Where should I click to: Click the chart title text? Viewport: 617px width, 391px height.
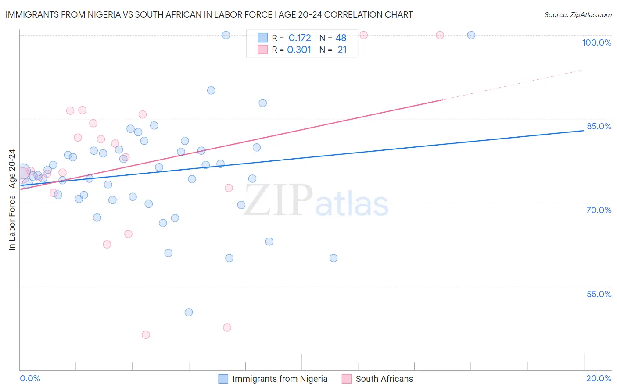pyautogui.click(x=209, y=14)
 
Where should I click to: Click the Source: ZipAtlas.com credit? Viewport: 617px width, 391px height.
pyautogui.click(x=578, y=14)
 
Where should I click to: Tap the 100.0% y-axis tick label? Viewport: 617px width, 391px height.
pyautogui.click(x=596, y=43)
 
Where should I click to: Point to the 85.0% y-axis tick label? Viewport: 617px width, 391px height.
pyautogui.click(x=599, y=126)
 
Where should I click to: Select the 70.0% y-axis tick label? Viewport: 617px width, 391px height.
pyautogui.click(x=599, y=210)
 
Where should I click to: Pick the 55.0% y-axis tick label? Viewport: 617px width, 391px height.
pyautogui.click(x=599, y=294)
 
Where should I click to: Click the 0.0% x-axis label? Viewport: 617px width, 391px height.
pyautogui.click(x=30, y=378)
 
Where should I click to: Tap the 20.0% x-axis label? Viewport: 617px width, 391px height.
pyautogui.click(x=599, y=378)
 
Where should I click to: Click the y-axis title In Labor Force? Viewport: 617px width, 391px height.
pyautogui.click(x=12, y=200)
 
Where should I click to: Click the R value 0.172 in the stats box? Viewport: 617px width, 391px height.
pyautogui.click(x=300, y=38)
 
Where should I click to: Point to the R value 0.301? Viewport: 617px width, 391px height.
pyautogui.click(x=299, y=50)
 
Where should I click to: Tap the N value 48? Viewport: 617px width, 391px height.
pyautogui.click(x=341, y=38)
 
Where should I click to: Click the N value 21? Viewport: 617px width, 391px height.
pyautogui.click(x=342, y=50)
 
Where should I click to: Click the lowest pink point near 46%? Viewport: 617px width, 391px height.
pyautogui.click(x=146, y=335)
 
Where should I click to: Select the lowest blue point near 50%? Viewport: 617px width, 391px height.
pyautogui.click(x=189, y=313)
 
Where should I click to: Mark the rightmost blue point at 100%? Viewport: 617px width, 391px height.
pyautogui.click(x=471, y=35)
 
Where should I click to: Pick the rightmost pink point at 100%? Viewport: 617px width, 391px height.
pyautogui.click(x=440, y=35)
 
